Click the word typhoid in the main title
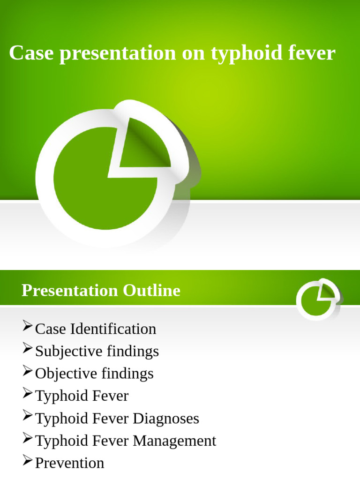pos(243,53)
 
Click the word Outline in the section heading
pos(151,291)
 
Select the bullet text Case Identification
pos(96,329)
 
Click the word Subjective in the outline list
pos(68,351)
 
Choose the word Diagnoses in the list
pos(166,418)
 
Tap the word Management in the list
pos(174,441)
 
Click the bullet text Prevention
pos(70,463)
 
